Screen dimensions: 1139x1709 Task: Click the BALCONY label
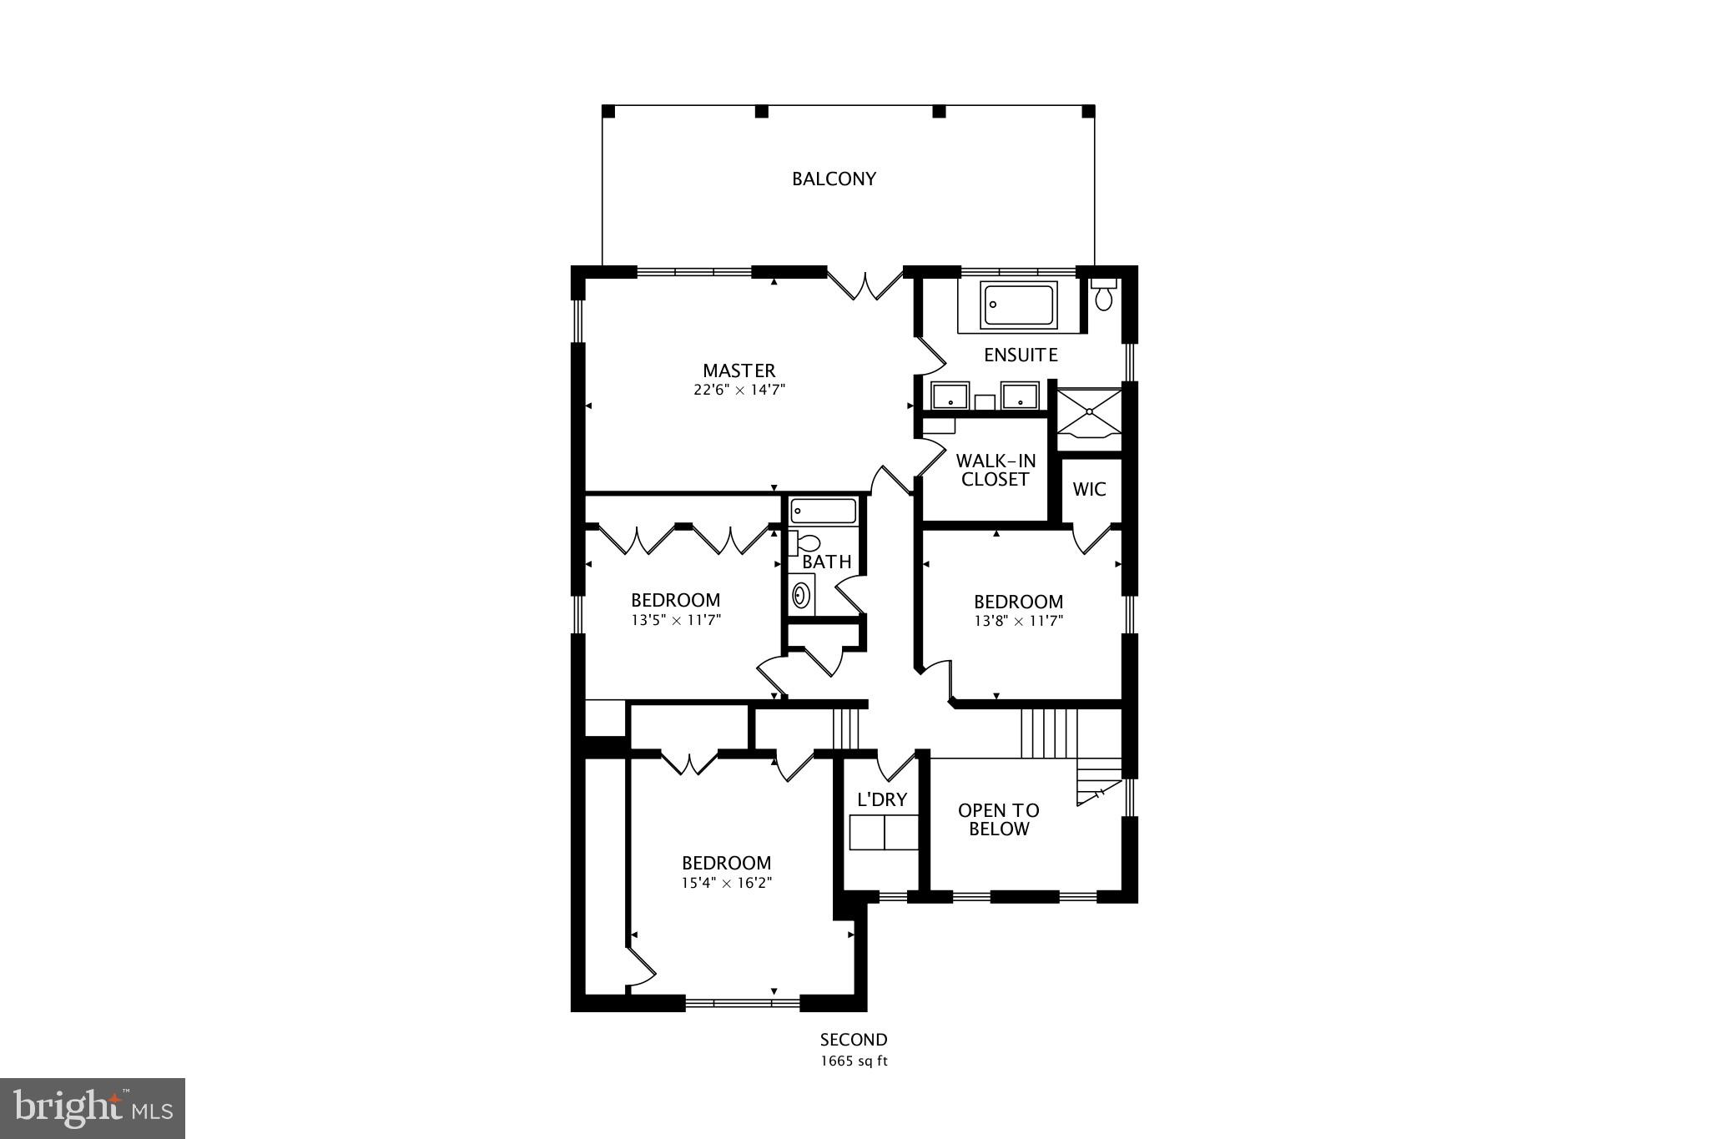tap(834, 179)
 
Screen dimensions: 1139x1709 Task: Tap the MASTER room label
tap(739, 370)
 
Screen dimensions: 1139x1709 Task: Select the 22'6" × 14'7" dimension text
tap(739, 390)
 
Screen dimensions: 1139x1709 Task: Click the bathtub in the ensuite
tap(1018, 305)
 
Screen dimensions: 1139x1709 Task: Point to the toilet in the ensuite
tap(1104, 295)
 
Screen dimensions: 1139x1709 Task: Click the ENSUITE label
tap(1021, 355)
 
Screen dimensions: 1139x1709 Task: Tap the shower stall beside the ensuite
tap(1088, 414)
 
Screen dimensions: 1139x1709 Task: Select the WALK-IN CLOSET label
tap(996, 470)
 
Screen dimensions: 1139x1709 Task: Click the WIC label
tap(1089, 489)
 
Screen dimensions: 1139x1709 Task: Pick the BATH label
tap(827, 562)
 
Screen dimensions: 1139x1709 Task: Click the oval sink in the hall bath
tap(801, 595)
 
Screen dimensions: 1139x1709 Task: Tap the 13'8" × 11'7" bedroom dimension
tap(1018, 621)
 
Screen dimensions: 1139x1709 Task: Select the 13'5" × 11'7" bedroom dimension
tap(676, 620)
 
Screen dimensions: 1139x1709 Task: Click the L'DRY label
tap(882, 799)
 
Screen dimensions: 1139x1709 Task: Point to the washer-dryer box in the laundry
tap(883, 832)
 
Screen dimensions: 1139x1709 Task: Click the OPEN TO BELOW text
tap(998, 819)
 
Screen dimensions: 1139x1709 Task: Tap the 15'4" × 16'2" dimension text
tap(726, 883)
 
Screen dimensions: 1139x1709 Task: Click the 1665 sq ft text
tap(853, 1061)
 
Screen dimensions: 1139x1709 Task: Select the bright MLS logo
tap(93, 1108)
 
